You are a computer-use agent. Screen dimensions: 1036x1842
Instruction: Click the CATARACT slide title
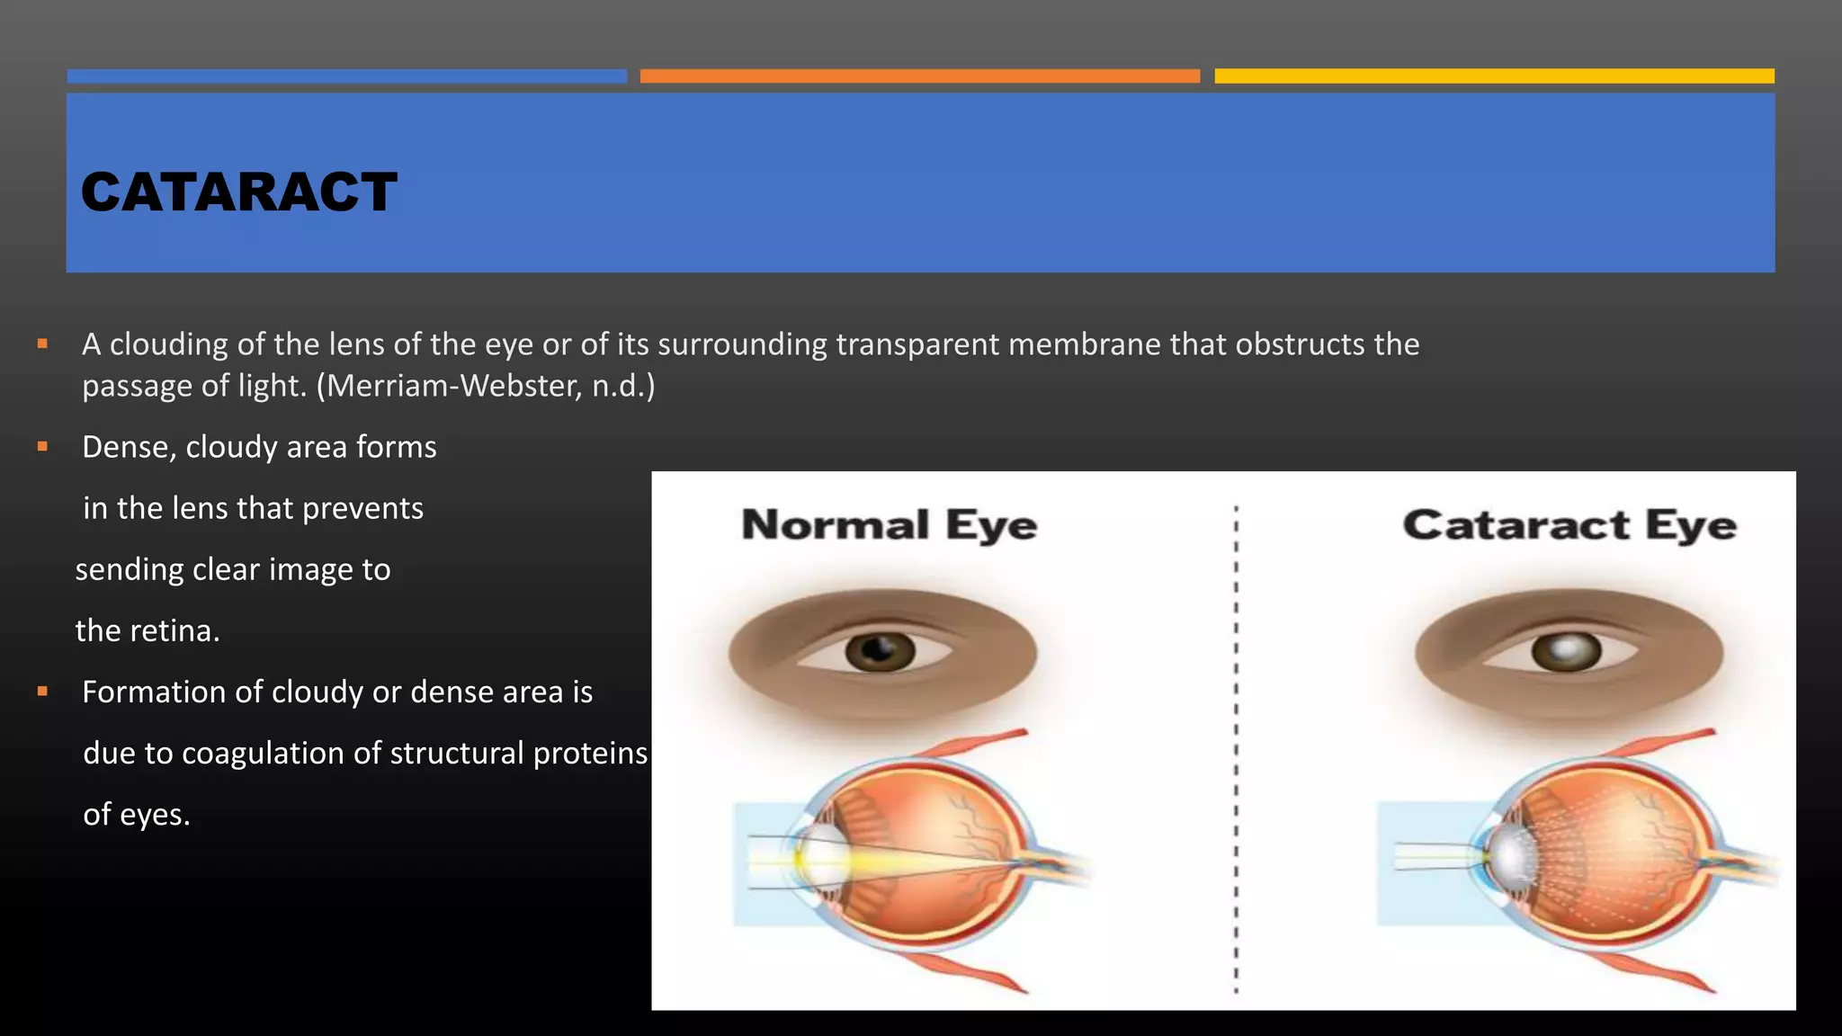tap(238, 192)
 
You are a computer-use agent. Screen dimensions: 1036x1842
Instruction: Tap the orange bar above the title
tap(919, 76)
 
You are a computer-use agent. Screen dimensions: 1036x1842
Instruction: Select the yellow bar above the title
tap(1494, 76)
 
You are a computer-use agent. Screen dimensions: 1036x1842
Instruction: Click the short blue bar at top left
tap(346, 76)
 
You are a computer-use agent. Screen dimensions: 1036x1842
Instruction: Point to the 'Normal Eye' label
tap(889, 525)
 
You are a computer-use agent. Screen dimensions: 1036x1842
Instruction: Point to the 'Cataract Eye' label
tap(1569, 525)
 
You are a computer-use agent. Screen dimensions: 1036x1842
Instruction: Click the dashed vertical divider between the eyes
tap(1236, 746)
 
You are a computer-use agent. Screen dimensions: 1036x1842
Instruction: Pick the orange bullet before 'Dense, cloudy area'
tap(42, 446)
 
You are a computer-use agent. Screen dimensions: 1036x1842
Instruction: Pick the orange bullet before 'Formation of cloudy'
tap(42, 692)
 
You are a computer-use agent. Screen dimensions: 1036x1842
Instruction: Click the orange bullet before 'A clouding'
tap(42, 344)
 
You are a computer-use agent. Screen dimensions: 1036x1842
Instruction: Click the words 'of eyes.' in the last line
tap(136, 815)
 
